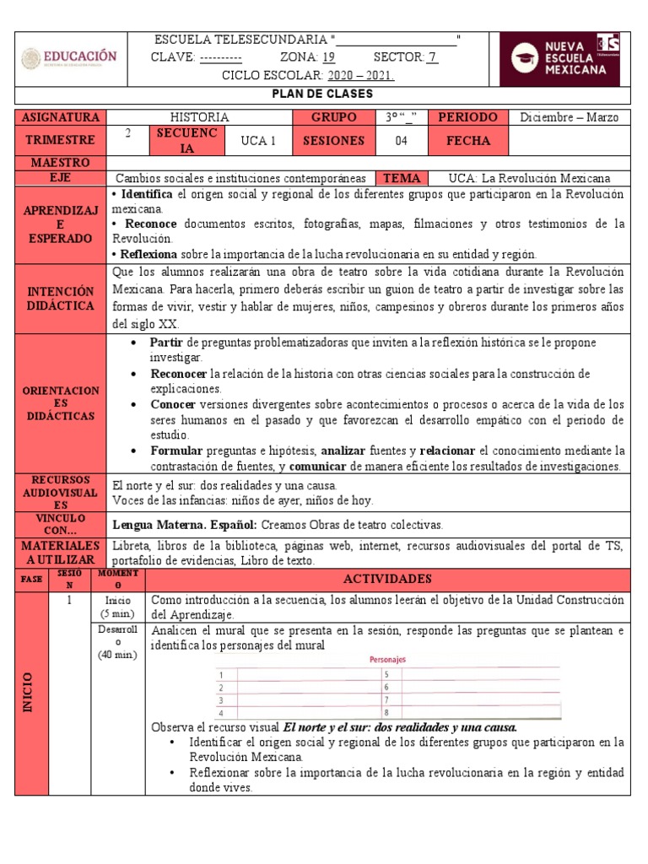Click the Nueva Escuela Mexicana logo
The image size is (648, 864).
pos(559,59)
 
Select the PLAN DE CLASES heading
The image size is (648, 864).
pos(324,94)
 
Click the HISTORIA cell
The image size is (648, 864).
pos(199,117)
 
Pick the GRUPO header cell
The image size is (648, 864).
pos(333,117)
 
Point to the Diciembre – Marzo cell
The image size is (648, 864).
pos(570,117)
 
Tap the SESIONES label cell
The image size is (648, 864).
pos(333,141)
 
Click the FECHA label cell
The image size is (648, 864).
pos(468,141)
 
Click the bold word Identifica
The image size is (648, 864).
pos(148,194)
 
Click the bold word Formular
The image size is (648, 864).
pos(175,450)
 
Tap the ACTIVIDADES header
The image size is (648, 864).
pos(387,579)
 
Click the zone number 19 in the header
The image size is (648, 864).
pos(329,57)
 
